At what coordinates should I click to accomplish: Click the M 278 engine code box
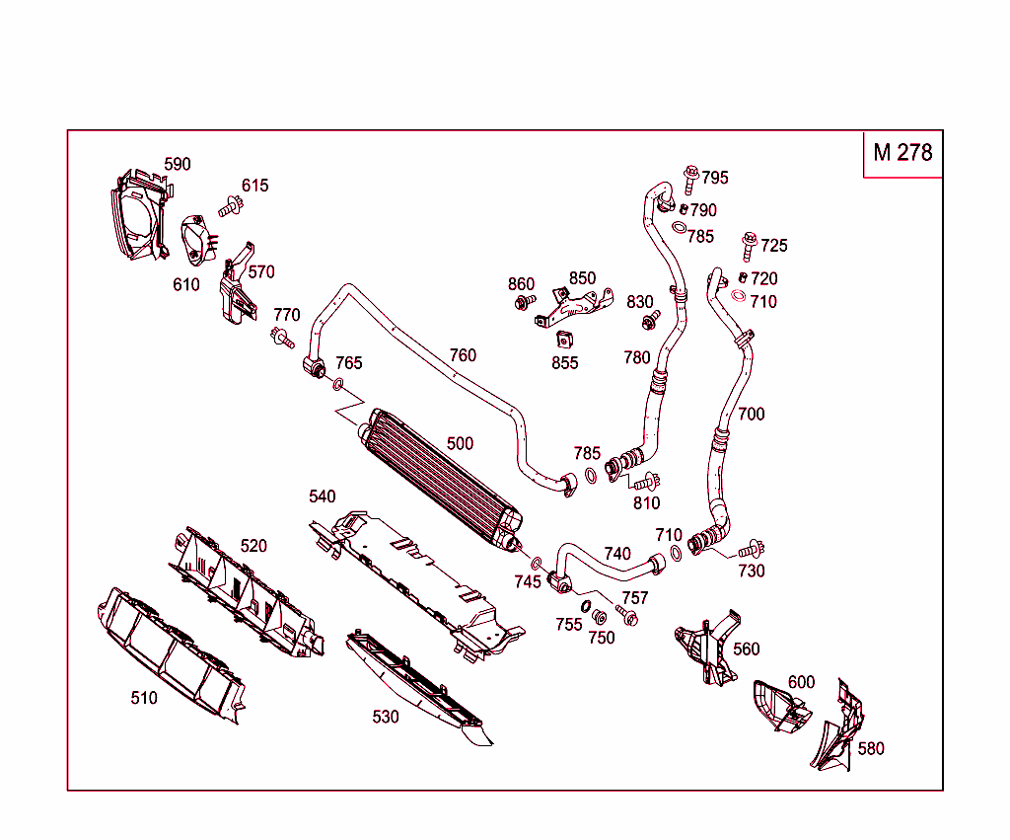click(902, 153)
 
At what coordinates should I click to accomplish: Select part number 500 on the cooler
click(460, 444)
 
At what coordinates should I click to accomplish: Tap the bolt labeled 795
click(690, 178)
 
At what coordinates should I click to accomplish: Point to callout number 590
click(177, 164)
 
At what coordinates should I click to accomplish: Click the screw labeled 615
click(232, 205)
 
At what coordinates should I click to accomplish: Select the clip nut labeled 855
click(565, 341)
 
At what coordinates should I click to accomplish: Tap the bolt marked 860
click(523, 302)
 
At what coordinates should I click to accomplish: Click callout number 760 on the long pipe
click(463, 355)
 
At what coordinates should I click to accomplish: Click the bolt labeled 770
click(283, 340)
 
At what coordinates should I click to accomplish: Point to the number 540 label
click(322, 496)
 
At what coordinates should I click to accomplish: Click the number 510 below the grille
click(144, 698)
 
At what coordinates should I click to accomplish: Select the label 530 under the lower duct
click(386, 717)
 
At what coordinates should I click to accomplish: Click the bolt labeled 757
click(627, 614)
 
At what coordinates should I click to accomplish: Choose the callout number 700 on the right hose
click(751, 414)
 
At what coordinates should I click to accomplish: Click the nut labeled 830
click(650, 321)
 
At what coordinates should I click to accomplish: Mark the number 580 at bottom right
click(871, 748)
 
